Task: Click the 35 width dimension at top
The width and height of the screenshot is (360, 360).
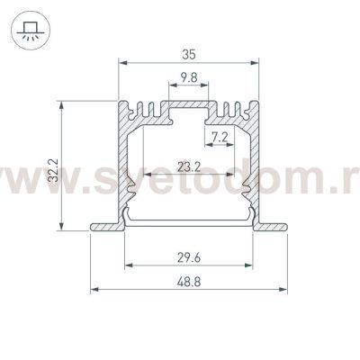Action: point(188,53)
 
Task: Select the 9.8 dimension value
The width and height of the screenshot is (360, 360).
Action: point(188,78)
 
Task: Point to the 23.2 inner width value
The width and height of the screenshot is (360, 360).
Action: point(188,165)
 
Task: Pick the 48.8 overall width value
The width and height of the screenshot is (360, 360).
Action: point(188,281)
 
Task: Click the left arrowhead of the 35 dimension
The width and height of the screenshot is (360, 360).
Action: point(123,63)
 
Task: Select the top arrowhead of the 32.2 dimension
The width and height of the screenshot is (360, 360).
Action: point(62,101)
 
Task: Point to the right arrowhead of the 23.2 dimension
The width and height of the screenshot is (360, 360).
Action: point(236,173)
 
